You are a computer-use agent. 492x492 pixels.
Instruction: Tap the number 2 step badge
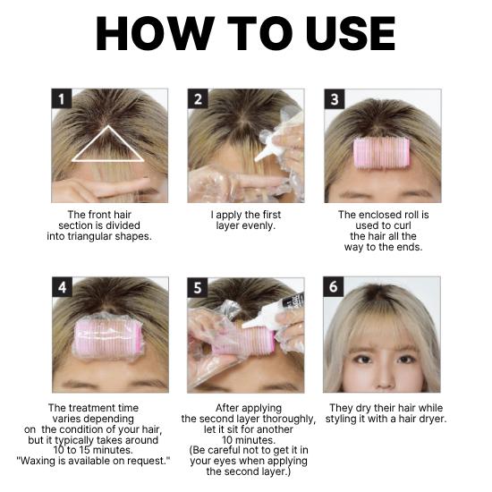coord(198,99)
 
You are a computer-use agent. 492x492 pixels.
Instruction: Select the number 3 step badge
coord(335,99)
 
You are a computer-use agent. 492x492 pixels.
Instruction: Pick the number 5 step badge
coord(198,288)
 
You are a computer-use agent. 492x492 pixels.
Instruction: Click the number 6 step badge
coord(335,288)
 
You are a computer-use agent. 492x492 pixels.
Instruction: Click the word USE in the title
coord(340,34)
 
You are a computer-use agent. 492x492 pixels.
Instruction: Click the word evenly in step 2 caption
coord(260,226)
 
